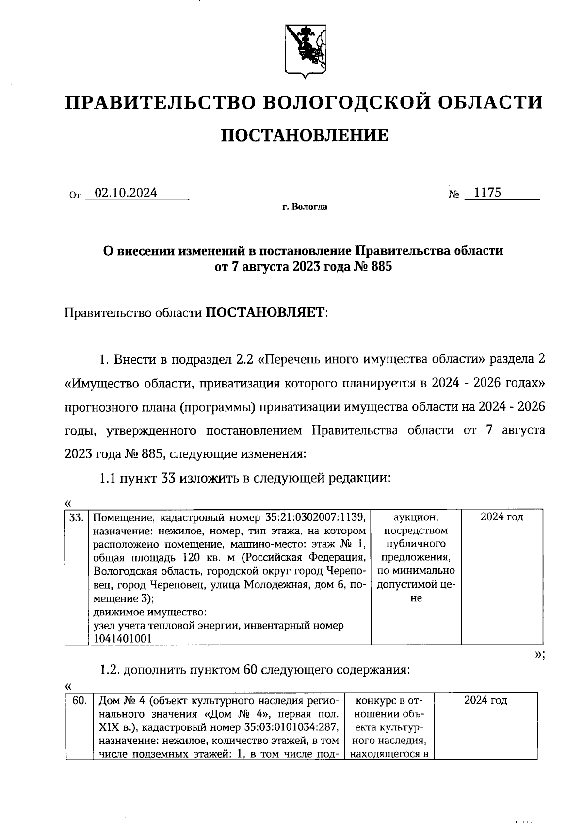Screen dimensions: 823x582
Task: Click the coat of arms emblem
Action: point(304,50)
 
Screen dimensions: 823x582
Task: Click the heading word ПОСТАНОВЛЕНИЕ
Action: point(305,135)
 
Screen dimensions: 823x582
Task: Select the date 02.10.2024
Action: point(126,193)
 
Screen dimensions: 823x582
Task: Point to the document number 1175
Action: point(487,193)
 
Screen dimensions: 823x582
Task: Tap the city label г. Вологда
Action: point(305,207)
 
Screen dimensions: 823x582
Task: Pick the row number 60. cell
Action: point(80,700)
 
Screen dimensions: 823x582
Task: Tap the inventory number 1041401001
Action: point(122,639)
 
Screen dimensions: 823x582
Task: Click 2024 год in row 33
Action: point(501,517)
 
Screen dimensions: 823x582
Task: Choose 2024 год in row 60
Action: point(485,700)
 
